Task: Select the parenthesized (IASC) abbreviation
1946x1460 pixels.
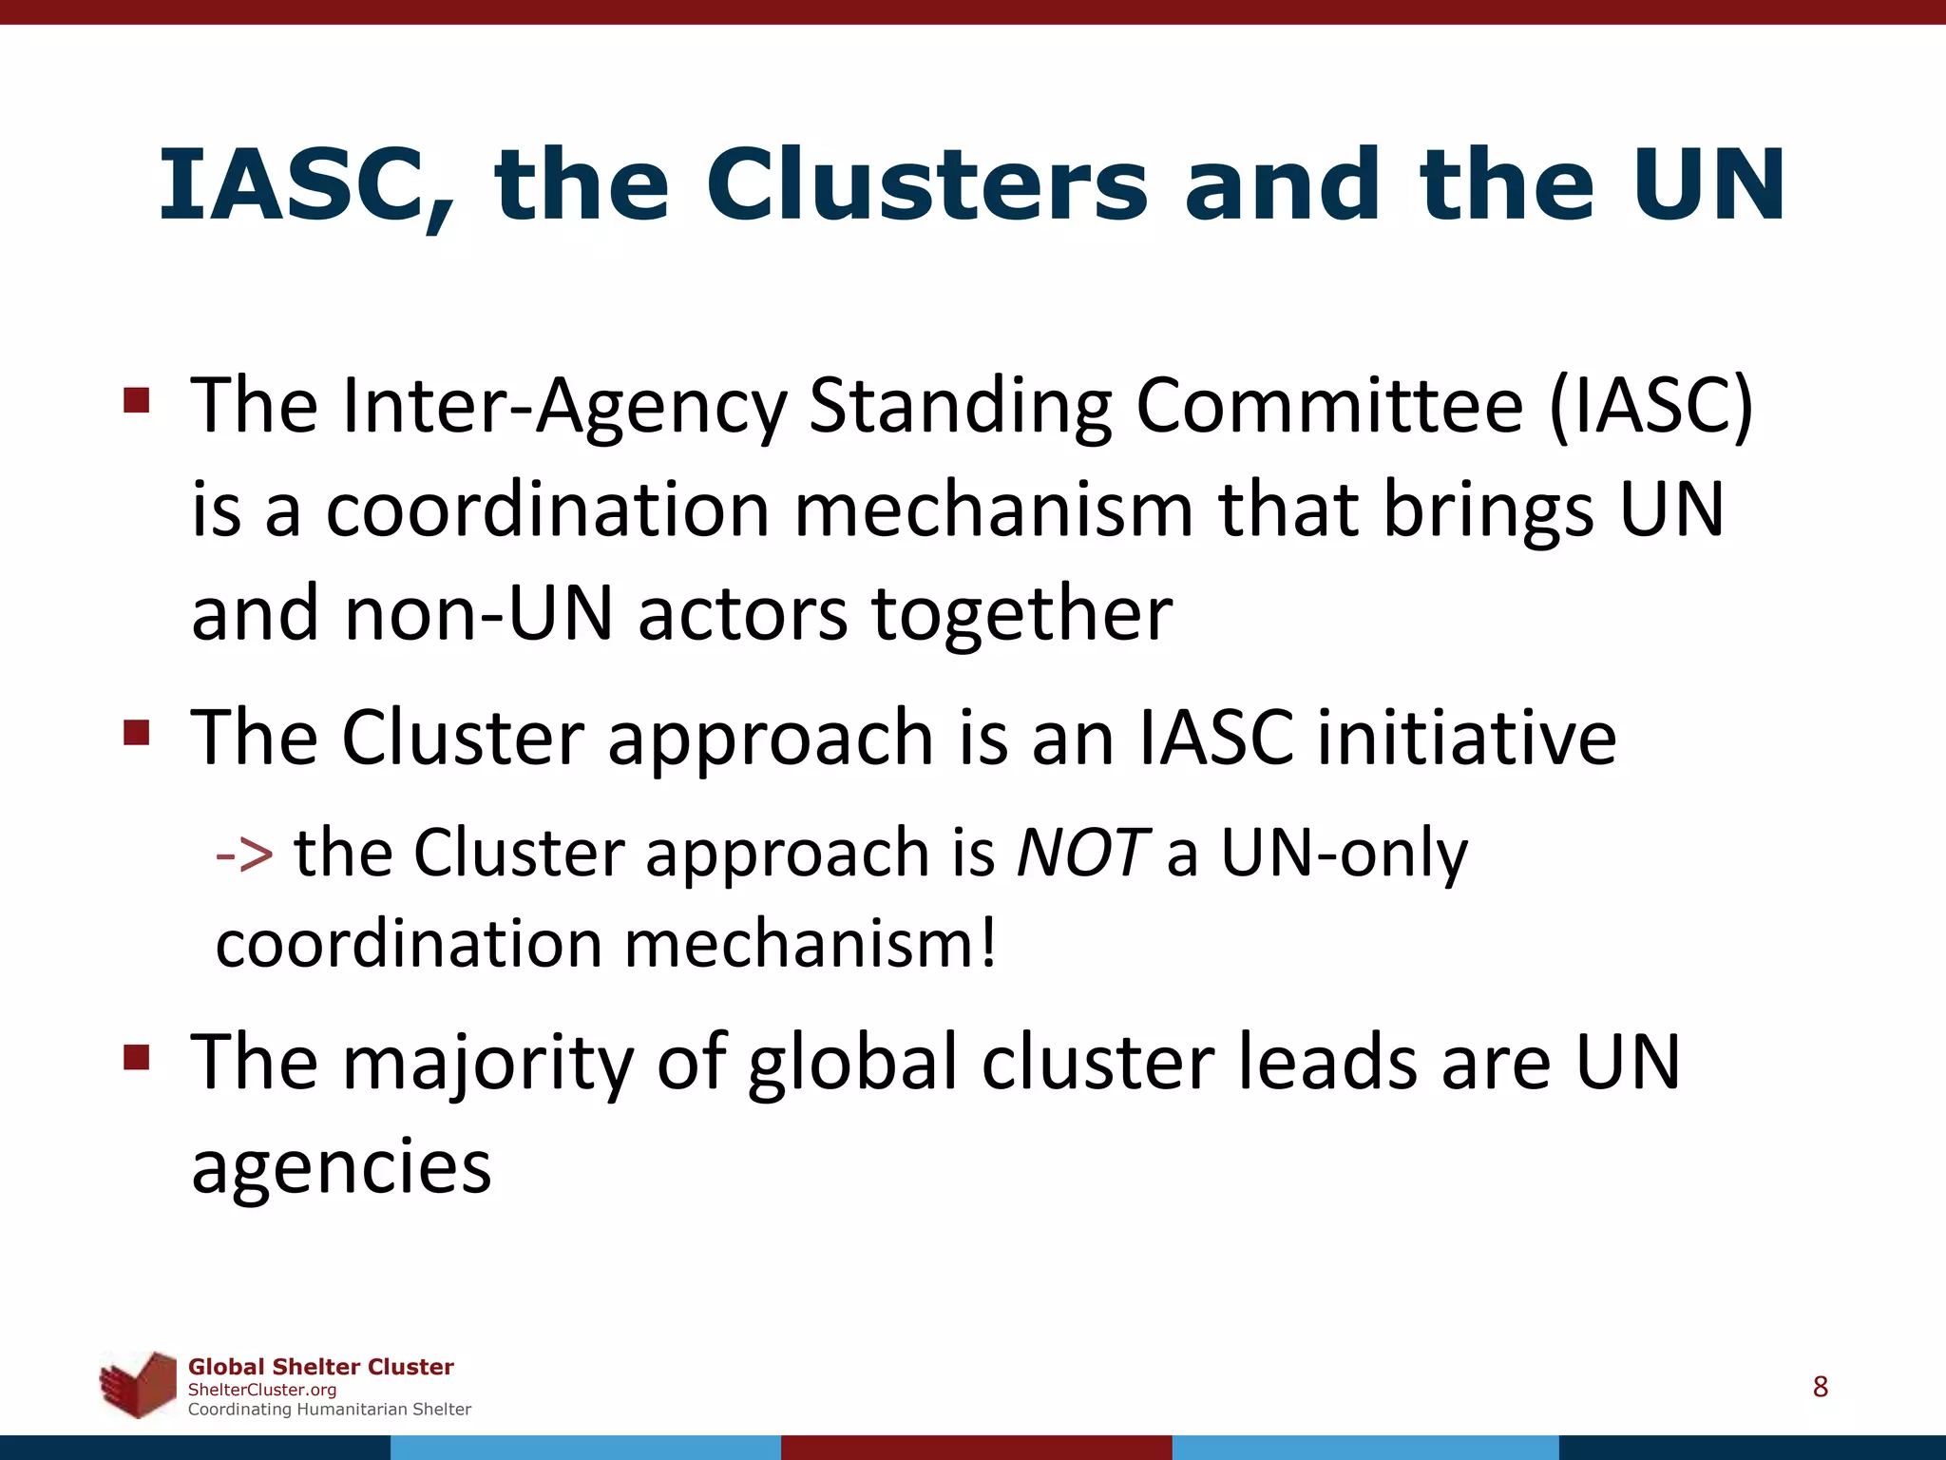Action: [1651, 407]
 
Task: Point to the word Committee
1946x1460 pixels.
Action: [1330, 407]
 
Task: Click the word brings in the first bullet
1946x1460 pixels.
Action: [1488, 510]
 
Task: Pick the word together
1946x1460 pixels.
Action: [1022, 614]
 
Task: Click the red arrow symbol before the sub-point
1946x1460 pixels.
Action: [245, 853]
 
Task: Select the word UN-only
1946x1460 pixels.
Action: [1344, 853]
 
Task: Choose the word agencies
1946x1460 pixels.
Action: [341, 1166]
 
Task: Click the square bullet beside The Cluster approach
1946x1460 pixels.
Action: [137, 733]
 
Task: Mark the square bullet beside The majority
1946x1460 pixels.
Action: [137, 1057]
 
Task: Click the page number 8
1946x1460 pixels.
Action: [1820, 1387]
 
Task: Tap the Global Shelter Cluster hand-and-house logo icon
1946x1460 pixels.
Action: [140, 1384]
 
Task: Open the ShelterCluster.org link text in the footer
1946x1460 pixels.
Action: [262, 1390]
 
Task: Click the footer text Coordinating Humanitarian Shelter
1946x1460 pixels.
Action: [329, 1410]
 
